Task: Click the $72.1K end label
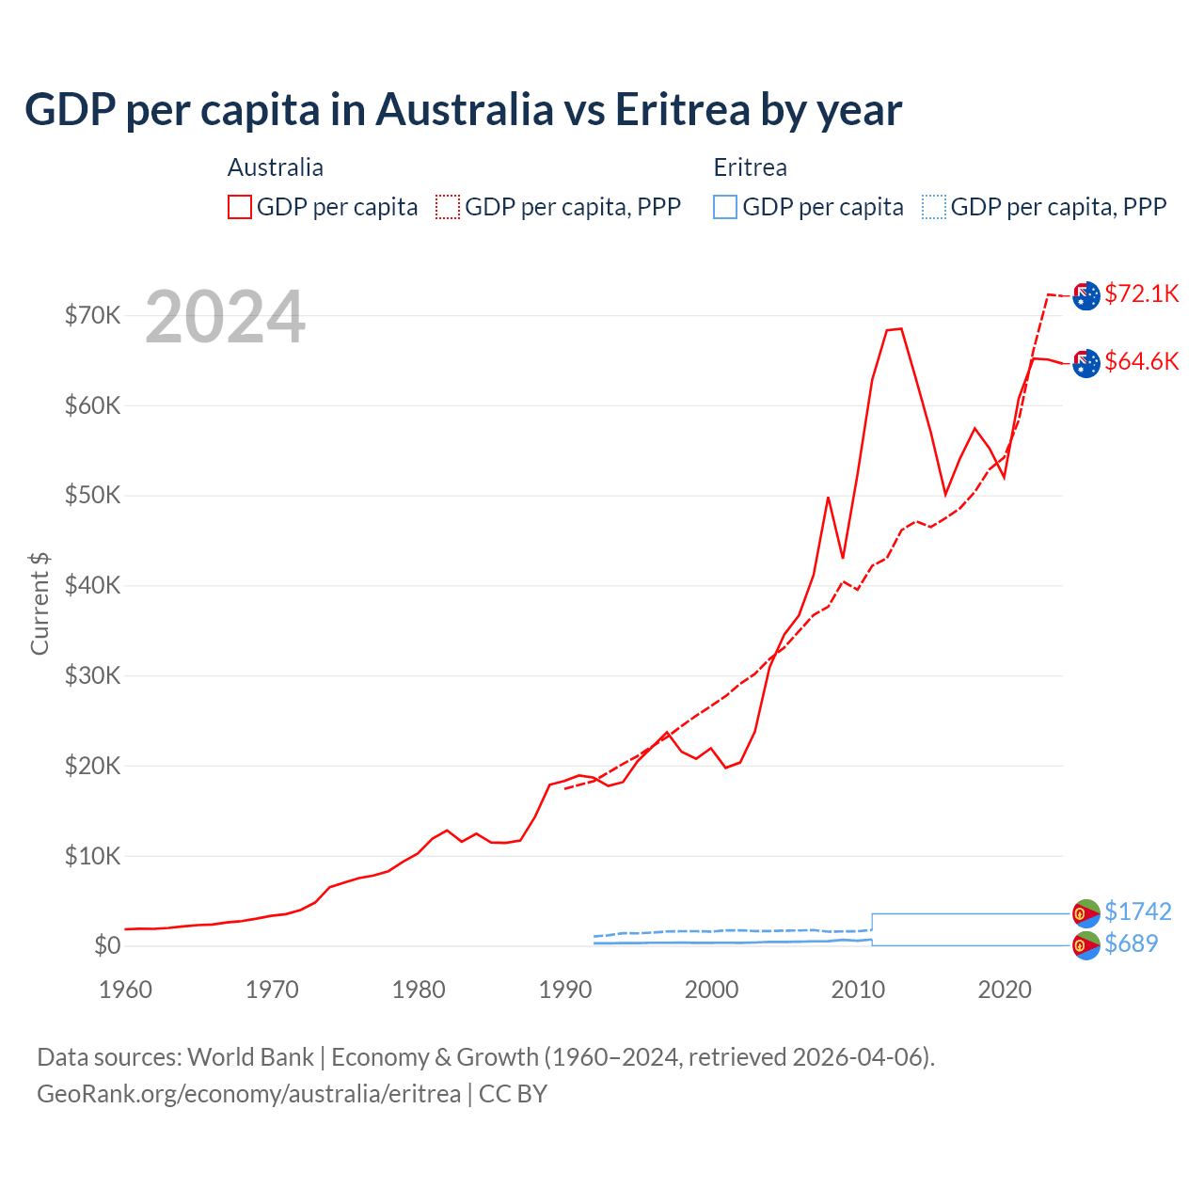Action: pos(1141,293)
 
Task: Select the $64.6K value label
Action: pos(1141,361)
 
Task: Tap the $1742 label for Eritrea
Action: pos(1137,911)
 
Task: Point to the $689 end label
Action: pos(1131,943)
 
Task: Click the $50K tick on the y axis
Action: pos(92,495)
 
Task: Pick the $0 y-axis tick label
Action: pos(107,945)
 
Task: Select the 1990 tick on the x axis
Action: pos(565,990)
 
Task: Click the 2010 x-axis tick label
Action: pos(858,990)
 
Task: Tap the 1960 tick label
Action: pos(126,990)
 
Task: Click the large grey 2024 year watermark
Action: pos(225,317)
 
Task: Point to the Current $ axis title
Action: pos(40,603)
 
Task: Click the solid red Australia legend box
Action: pos(240,207)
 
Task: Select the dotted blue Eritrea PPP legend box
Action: pos(934,207)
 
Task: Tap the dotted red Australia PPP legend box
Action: pos(448,207)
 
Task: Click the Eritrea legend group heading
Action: pos(750,167)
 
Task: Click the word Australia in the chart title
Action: pos(465,110)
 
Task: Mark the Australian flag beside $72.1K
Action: pos(1086,295)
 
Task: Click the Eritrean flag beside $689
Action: pos(1086,945)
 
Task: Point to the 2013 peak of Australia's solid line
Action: pos(901,328)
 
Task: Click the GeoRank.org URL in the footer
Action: pos(248,1094)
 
